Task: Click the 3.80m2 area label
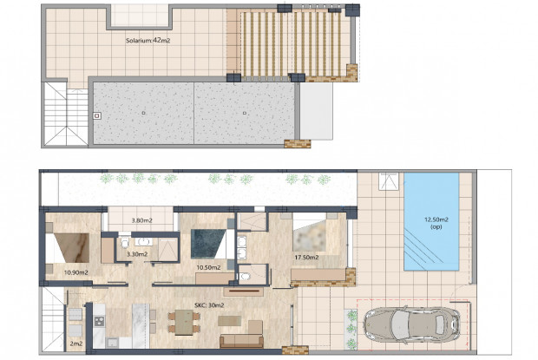coord(141,221)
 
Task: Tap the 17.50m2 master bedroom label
coord(306,257)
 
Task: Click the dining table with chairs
coord(185,323)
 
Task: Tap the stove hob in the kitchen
coord(99,324)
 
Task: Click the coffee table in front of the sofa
coord(230,320)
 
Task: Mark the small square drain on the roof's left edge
coord(98,113)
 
